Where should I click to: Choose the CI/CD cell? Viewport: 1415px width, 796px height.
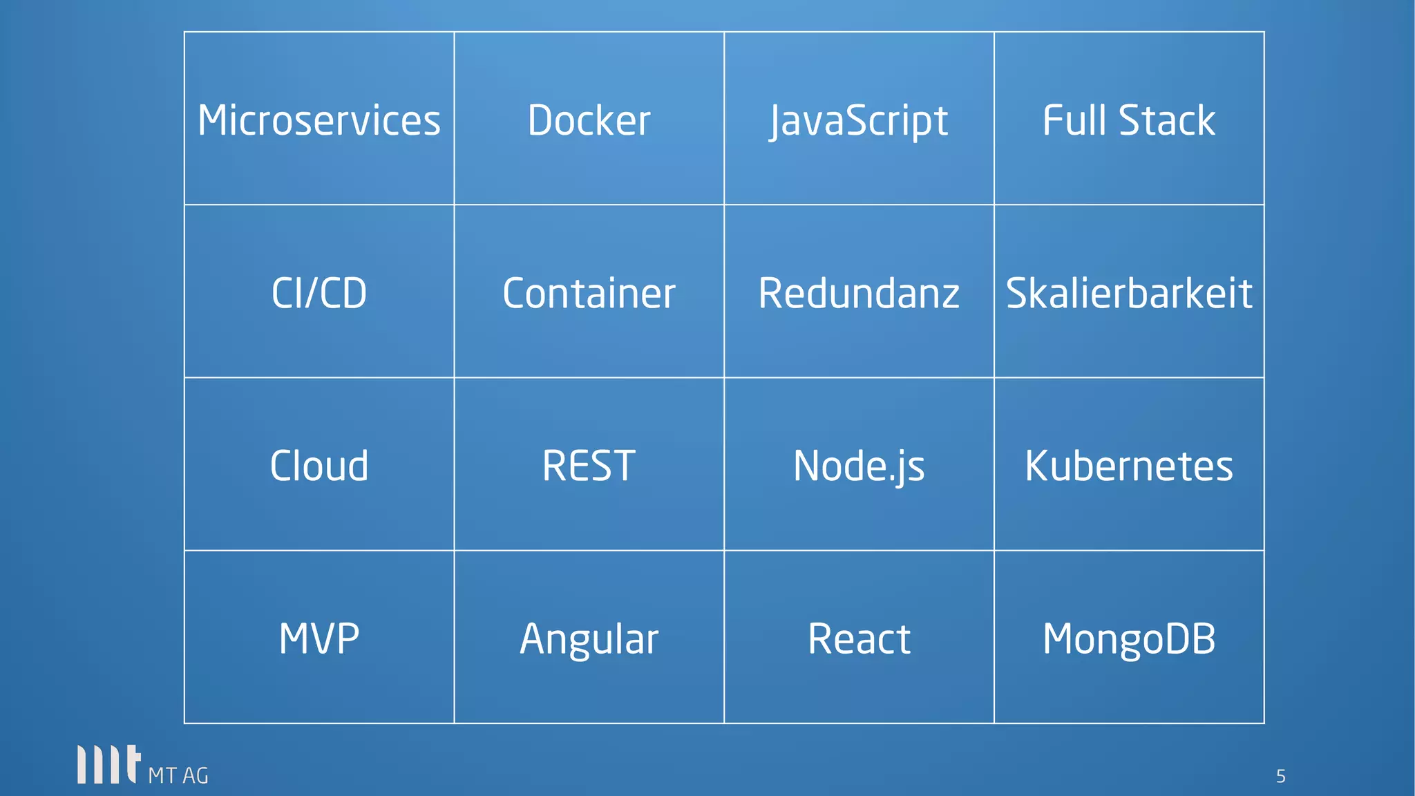(x=319, y=293)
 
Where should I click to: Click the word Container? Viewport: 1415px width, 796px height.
(x=589, y=293)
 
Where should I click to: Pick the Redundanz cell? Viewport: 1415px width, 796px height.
(x=859, y=293)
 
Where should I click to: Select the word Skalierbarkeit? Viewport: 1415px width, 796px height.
(x=1129, y=293)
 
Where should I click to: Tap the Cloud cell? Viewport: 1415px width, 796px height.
(x=319, y=466)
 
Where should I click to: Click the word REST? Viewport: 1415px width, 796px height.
(x=589, y=466)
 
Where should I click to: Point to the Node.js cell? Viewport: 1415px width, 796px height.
(x=859, y=466)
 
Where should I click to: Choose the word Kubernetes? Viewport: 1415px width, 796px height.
(x=1129, y=466)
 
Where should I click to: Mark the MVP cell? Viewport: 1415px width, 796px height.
(x=319, y=638)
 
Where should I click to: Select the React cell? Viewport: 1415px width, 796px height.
(x=859, y=638)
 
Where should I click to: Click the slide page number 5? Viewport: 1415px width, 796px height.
(x=1280, y=777)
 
